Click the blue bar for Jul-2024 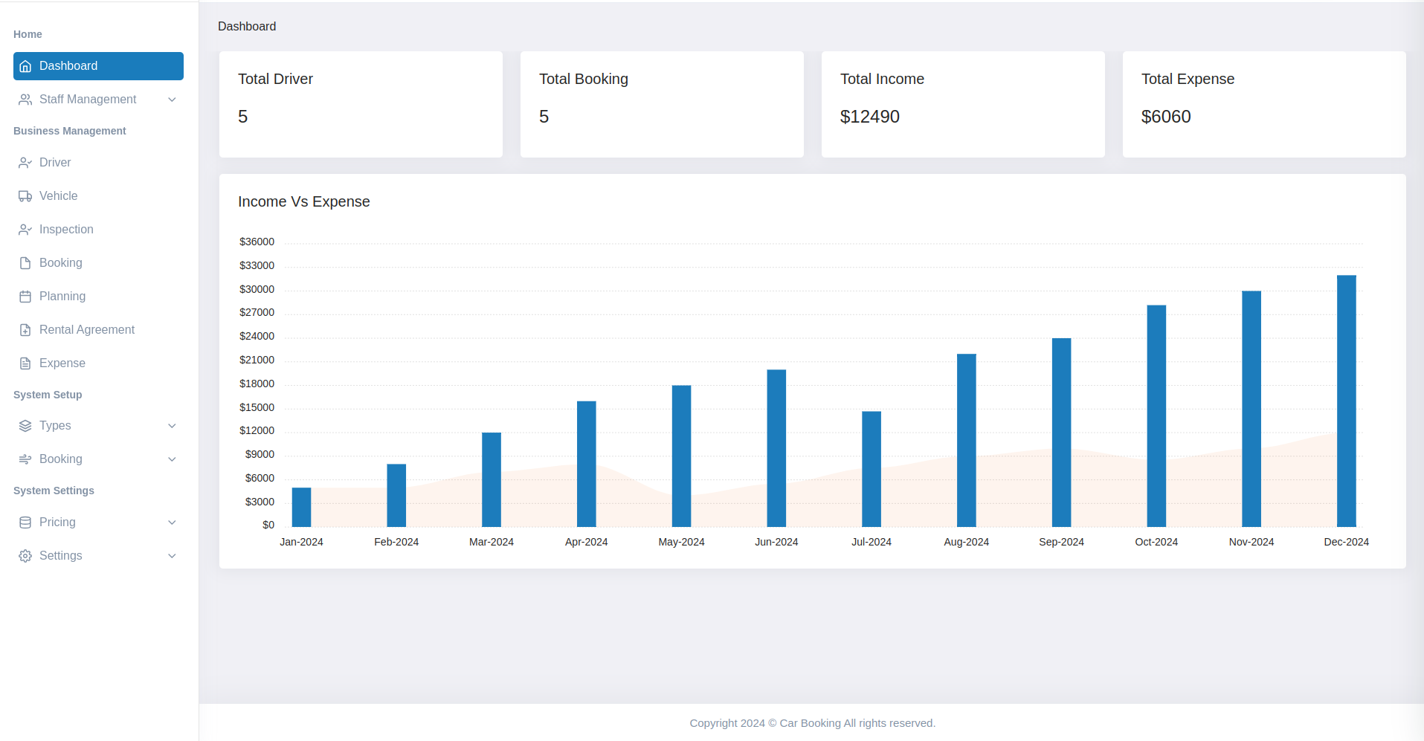871,469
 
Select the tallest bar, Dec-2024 1346,401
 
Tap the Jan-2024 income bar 301,508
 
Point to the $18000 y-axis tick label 257,384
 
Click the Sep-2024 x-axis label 1061,542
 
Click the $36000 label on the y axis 257,242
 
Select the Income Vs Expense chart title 303,201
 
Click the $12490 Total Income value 869,117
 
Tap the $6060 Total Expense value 1165,117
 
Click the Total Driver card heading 275,79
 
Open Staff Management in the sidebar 88,100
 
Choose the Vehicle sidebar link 58,196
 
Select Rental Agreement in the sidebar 86,330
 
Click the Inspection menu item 66,230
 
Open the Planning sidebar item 62,297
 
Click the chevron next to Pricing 172,522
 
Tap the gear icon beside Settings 25,556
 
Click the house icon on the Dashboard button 25,66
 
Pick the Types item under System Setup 55,426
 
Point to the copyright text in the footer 812,723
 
